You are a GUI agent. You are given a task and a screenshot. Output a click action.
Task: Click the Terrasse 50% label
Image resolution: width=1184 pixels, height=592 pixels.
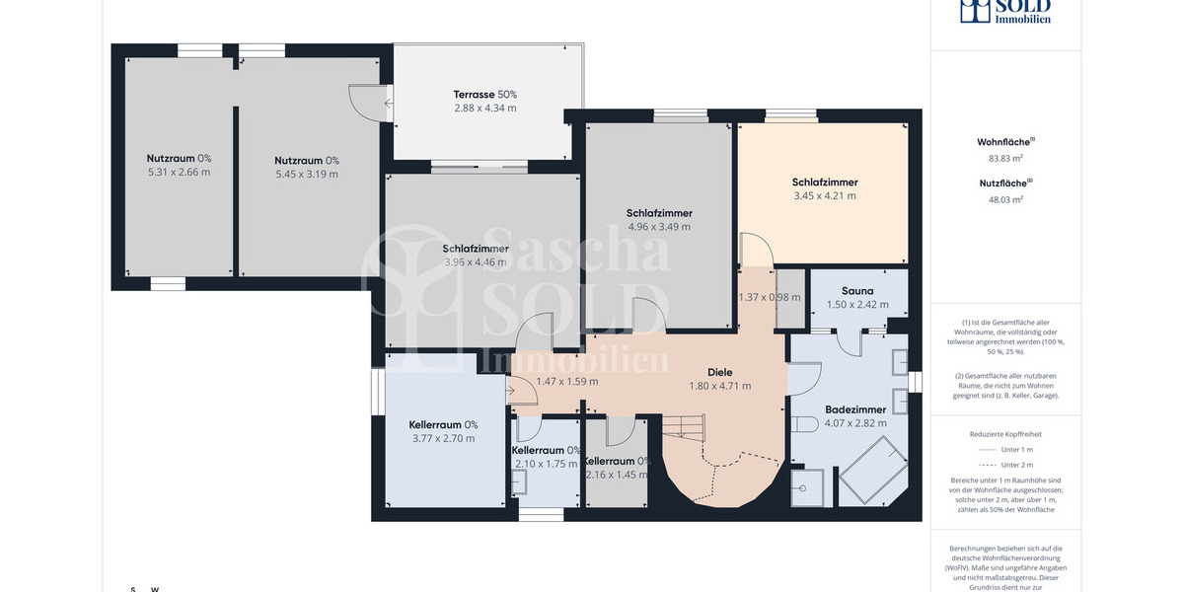(x=484, y=95)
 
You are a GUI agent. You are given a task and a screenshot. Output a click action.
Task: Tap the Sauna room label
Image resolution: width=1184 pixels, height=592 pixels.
(x=857, y=291)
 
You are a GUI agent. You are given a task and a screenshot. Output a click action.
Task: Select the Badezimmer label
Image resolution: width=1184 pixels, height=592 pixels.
(x=855, y=409)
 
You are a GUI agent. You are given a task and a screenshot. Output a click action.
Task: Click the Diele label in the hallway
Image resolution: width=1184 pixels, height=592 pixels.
(x=719, y=372)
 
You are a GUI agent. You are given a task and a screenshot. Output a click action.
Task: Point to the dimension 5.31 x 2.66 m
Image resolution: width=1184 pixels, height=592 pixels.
(x=179, y=172)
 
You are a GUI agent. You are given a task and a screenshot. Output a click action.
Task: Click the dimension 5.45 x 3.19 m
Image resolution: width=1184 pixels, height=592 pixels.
(x=306, y=174)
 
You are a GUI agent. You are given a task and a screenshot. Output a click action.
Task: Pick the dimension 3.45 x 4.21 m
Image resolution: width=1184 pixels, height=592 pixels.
(x=824, y=195)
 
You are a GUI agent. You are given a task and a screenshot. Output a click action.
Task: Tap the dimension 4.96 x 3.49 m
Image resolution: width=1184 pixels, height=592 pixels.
(x=658, y=226)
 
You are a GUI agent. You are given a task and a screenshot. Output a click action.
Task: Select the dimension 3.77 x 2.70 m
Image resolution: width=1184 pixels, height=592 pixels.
(x=442, y=438)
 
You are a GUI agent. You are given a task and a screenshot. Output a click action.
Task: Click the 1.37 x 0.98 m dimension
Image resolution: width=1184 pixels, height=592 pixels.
(x=772, y=297)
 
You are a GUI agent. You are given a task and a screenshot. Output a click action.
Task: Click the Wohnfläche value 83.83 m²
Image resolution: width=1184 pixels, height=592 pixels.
(x=1005, y=158)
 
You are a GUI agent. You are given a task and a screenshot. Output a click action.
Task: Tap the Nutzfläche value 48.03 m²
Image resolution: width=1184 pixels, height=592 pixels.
(x=1005, y=198)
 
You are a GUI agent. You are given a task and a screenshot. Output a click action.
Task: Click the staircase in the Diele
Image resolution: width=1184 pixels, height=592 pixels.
(x=685, y=426)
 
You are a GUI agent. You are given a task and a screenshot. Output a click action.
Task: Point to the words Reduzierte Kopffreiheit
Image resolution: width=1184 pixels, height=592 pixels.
(x=1005, y=434)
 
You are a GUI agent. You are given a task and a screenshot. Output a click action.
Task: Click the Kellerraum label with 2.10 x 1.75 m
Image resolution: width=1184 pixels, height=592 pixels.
(x=546, y=450)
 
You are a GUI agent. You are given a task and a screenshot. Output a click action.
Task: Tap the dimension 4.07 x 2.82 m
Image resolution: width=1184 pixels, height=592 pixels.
(x=855, y=423)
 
